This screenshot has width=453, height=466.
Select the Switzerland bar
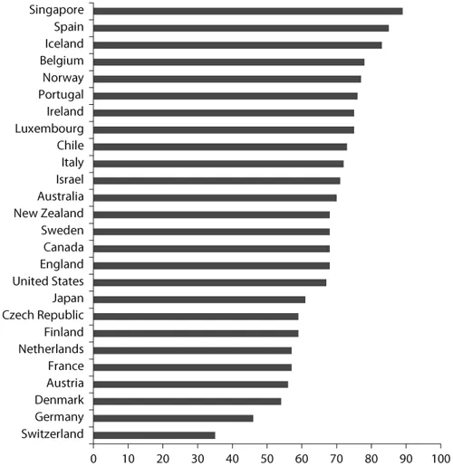pos(154,434)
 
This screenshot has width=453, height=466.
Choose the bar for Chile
pos(220,147)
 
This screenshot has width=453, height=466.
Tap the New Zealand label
pos(49,214)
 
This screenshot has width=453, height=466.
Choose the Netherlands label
pos(51,349)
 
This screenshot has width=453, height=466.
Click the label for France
pos(66,366)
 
